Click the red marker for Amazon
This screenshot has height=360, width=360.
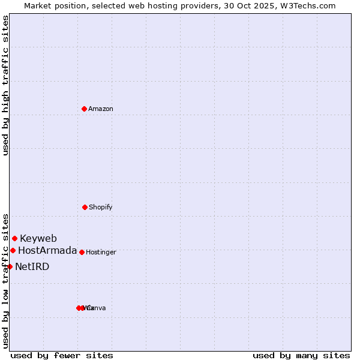84,109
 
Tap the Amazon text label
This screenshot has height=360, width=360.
101,109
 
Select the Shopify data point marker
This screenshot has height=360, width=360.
85,207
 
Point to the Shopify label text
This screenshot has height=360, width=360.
101,207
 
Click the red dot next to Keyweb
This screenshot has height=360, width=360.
14,238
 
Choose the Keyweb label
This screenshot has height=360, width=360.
38,238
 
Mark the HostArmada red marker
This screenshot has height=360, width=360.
13,250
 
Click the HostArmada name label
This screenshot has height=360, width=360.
47,250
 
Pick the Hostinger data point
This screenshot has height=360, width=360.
82,252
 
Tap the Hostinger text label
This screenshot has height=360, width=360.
101,252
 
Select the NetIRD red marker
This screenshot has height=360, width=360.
10,266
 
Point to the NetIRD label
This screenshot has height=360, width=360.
32,266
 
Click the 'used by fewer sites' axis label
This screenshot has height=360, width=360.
62,355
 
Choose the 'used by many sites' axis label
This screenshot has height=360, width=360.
301,355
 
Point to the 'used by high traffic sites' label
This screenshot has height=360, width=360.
5,85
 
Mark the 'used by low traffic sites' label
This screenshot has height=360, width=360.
5,280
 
